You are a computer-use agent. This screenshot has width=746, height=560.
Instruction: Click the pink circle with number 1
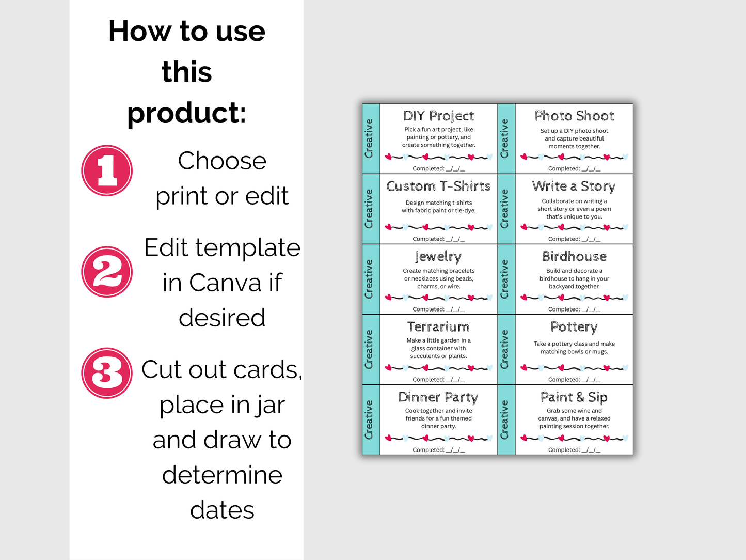(107, 170)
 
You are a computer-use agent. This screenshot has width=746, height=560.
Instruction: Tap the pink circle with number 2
(107, 272)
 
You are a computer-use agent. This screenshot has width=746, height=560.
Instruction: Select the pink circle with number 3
(107, 373)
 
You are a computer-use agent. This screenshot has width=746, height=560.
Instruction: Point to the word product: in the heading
(186, 113)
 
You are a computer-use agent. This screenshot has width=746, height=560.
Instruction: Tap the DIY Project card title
(438, 116)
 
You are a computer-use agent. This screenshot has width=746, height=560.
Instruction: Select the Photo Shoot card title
(574, 116)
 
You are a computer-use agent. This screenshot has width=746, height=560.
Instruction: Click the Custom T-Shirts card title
(438, 186)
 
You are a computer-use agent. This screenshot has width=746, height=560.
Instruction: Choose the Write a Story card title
(574, 186)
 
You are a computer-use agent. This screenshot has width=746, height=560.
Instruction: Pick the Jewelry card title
(438, 257)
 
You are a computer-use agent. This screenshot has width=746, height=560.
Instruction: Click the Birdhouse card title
(574, 256)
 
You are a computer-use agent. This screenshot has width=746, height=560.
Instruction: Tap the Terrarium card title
(438, 326)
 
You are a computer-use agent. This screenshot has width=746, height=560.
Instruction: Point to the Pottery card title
(574, 327)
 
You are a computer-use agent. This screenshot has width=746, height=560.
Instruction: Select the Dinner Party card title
(438, 397)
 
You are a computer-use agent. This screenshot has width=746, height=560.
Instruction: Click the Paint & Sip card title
(574, 397)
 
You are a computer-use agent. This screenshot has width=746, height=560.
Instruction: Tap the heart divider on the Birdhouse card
(574, 298)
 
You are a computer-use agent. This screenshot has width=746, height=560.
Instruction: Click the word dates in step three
(222, 510)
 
